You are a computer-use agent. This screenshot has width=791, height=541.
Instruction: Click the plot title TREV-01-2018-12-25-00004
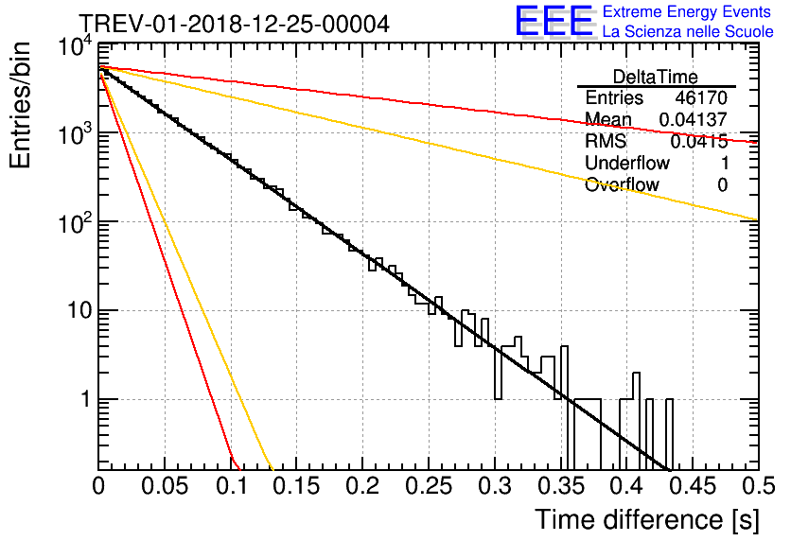pos(235,24)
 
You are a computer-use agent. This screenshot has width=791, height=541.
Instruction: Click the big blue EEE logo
pos(554,21)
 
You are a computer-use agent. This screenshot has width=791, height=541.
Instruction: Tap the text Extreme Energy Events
pos(687,11)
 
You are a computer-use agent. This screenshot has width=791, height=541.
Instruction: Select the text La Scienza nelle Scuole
pos(688,32)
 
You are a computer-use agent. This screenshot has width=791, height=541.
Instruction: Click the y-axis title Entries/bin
pos(20,105)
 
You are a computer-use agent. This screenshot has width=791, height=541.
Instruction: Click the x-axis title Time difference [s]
pos(647,520)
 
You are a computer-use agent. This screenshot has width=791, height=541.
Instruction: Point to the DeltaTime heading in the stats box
pos(656,77)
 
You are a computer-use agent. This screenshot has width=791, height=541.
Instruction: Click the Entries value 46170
pos(701,97)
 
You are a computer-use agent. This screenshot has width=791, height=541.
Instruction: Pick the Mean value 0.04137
pos(694,119)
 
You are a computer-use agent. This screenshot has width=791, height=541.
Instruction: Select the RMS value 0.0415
pos(698,142)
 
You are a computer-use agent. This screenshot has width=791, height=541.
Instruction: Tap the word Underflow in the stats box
pos(627,164)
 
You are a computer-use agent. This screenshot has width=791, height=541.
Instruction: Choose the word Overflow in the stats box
pos(622,185)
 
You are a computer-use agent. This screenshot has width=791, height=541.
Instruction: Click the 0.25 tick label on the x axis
pos(429,486)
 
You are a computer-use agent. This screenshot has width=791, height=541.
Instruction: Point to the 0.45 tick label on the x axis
pos(694,486)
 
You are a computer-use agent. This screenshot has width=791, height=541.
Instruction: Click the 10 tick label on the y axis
pos(79,310)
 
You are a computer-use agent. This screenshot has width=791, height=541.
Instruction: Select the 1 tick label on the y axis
pos(85,399)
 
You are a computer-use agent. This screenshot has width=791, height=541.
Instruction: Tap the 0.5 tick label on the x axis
pos(758,486)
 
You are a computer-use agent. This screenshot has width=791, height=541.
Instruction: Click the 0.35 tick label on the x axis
pos(561,486)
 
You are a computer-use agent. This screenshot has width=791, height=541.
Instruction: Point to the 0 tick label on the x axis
pos(98,486)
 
